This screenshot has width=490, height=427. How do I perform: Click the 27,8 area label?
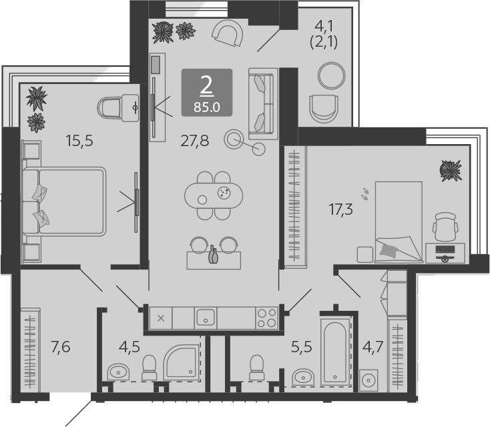[195, 141]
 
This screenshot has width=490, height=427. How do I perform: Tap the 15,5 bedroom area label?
[79, 141]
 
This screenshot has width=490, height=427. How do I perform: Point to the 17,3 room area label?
[340, 209]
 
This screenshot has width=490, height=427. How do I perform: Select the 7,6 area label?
[61, 347]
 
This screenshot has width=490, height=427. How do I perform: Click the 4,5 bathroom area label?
[130, 347]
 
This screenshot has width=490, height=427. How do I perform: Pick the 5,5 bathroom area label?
[302, 347]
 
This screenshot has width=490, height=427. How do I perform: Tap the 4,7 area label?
[373, 347]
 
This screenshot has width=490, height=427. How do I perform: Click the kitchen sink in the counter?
[206, 318]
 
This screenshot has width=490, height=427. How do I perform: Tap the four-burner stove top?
[266, 318]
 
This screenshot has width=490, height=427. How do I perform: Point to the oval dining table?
[214, 195]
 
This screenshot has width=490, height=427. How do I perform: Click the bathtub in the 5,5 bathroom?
[335, 352]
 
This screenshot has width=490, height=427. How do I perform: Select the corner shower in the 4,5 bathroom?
[182, 362]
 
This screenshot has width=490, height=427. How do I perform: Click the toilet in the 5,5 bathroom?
[257, 368]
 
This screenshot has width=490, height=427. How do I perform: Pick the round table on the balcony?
[332, 75]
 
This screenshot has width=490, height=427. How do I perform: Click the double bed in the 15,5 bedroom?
[64, 201]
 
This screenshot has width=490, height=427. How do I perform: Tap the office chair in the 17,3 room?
[445, 227]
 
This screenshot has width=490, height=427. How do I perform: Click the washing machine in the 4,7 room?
[369, 380]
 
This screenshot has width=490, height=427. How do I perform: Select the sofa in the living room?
[263, 103]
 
